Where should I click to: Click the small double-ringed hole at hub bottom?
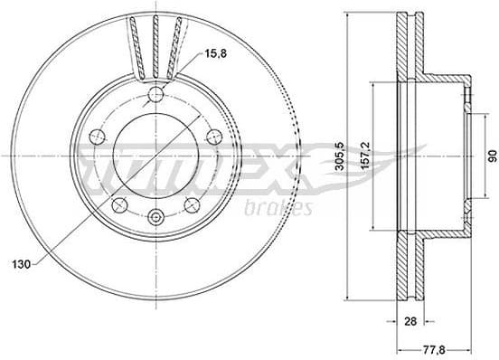(156, 216)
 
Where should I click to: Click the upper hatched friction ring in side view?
(408, 45)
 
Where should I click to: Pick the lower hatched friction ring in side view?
(408, 271)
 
